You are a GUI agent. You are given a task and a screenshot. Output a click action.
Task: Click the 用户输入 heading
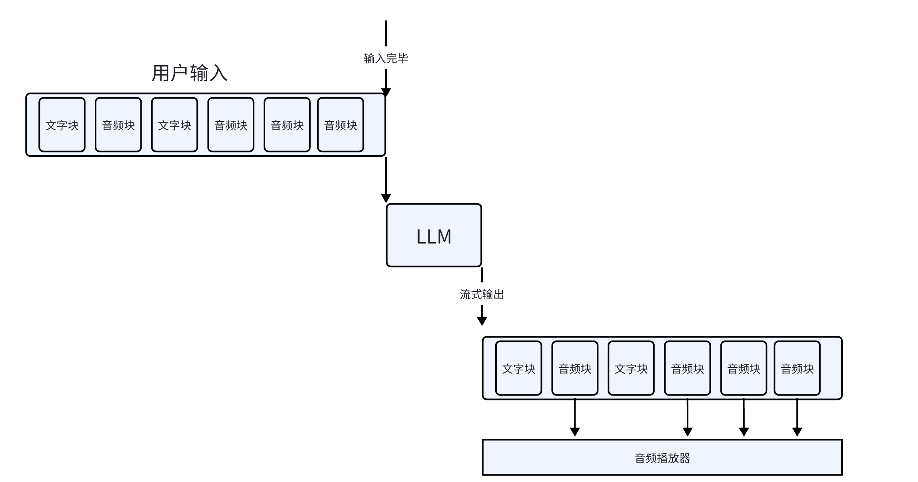click(189, 73)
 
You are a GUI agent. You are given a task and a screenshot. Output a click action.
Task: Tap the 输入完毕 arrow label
click(386, 58)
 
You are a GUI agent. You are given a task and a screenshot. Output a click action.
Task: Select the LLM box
click(434, 236)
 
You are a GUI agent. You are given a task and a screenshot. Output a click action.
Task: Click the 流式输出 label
click(482, 295)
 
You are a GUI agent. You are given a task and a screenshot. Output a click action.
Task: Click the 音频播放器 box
click(662, 458)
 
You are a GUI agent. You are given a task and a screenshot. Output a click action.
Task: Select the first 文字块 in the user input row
click(62, 125)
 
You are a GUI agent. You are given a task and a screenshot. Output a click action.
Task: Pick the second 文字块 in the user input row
click(174, 125)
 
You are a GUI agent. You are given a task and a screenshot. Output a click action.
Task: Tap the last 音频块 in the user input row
click(340, 125)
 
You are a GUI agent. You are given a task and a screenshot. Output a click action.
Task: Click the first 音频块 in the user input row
click(118, 125)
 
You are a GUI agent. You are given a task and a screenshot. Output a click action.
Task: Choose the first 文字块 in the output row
click(518, 368)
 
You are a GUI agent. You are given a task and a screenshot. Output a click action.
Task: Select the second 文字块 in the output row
click(631, 368)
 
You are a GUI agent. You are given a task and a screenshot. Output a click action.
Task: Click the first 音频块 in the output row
click(575, 368)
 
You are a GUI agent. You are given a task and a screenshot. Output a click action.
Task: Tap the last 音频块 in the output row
click(797, 368)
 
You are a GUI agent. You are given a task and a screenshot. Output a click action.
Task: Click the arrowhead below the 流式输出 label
click(482, 321)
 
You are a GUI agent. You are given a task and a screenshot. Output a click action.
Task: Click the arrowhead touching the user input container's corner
click(386, 92)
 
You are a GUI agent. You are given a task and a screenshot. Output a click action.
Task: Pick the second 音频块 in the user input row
click(231, 125)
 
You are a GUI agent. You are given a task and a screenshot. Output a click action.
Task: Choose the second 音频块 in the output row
click(687, 368)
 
